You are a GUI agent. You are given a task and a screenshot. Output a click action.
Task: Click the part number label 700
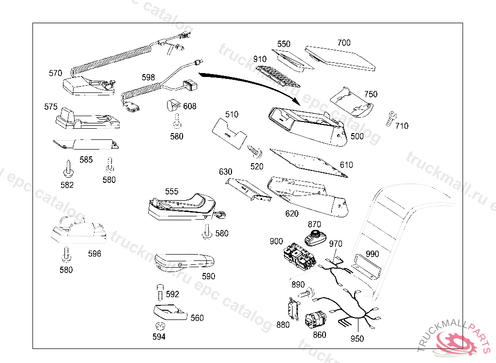pos(344,43)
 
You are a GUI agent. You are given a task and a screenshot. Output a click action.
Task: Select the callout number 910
pos(260,60)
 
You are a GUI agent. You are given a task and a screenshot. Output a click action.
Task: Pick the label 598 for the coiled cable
pos(148,77)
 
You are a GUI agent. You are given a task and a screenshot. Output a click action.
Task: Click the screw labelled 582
pos(67,168)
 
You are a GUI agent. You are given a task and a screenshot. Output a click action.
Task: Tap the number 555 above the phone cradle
pos(171,192)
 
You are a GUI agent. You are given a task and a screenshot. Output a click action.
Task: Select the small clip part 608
pos(173,105)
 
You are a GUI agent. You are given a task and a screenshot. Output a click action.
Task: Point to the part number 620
pos(292,213)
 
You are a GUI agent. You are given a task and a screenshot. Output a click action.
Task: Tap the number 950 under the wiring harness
pos(357,339)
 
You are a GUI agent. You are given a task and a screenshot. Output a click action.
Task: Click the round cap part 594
pos(159,326)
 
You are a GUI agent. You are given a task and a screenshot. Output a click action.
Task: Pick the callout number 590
pos(209,276)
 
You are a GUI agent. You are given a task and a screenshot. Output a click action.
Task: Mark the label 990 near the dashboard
pos(372,254)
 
